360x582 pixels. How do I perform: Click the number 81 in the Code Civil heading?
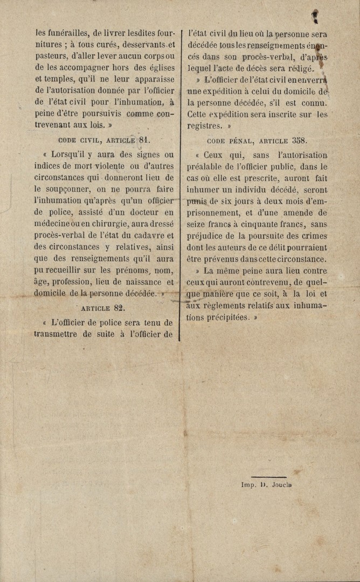[145, 140]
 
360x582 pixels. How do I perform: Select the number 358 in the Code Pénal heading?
[299, 141]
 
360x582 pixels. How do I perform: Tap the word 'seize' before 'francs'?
[199, 224]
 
